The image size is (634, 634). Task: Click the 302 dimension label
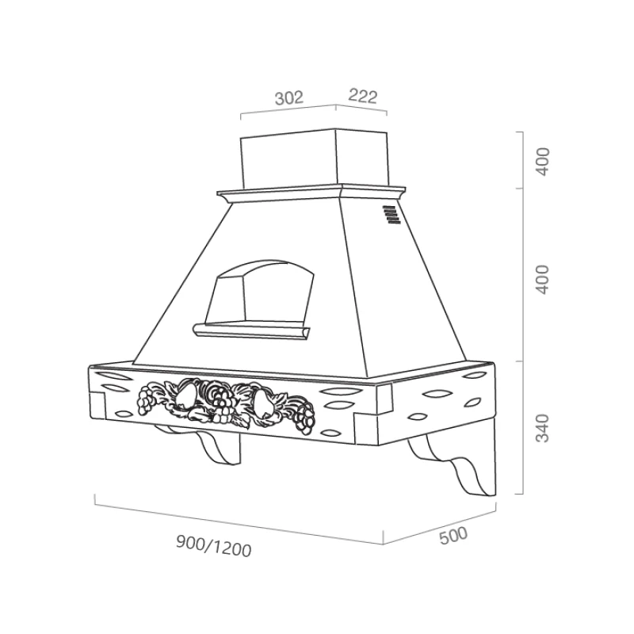pos(288,97)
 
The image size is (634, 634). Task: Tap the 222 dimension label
pos(363,96)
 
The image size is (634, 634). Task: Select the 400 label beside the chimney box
pos(543,162)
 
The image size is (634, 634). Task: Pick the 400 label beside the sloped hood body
pos(543,280)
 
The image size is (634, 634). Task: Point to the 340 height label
pos(543,428)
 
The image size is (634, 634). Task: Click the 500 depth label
pos(453,536)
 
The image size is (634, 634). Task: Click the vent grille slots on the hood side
pos(391,214)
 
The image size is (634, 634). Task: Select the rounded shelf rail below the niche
pos(251,330)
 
